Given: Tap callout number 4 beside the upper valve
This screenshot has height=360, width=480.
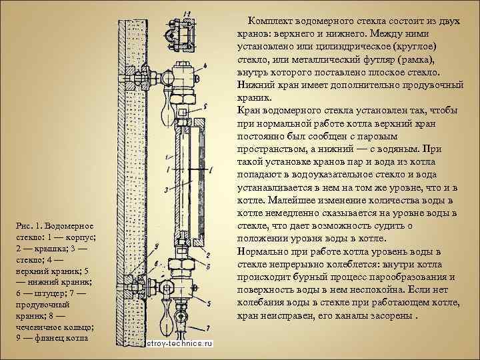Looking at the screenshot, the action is (205, 66).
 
